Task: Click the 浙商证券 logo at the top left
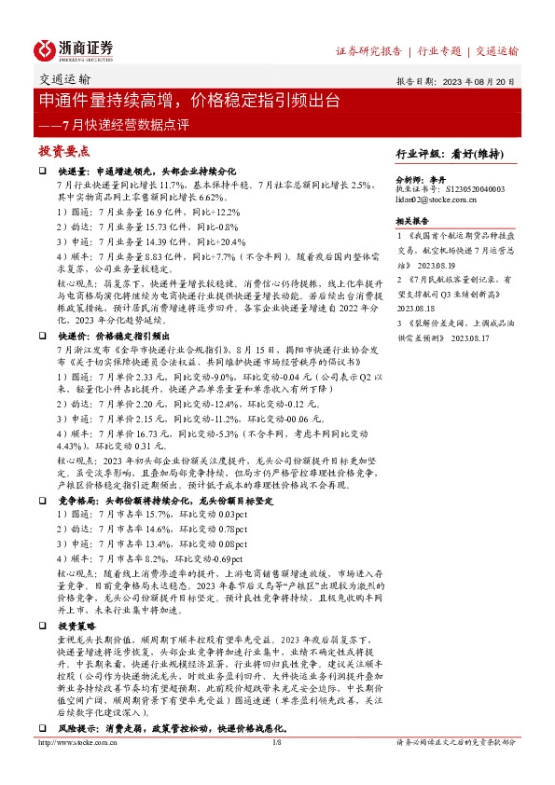coord(74,48)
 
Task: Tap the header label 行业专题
coord(438,50)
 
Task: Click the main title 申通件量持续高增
coord(112,100)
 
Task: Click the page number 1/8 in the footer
coord(276,742)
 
